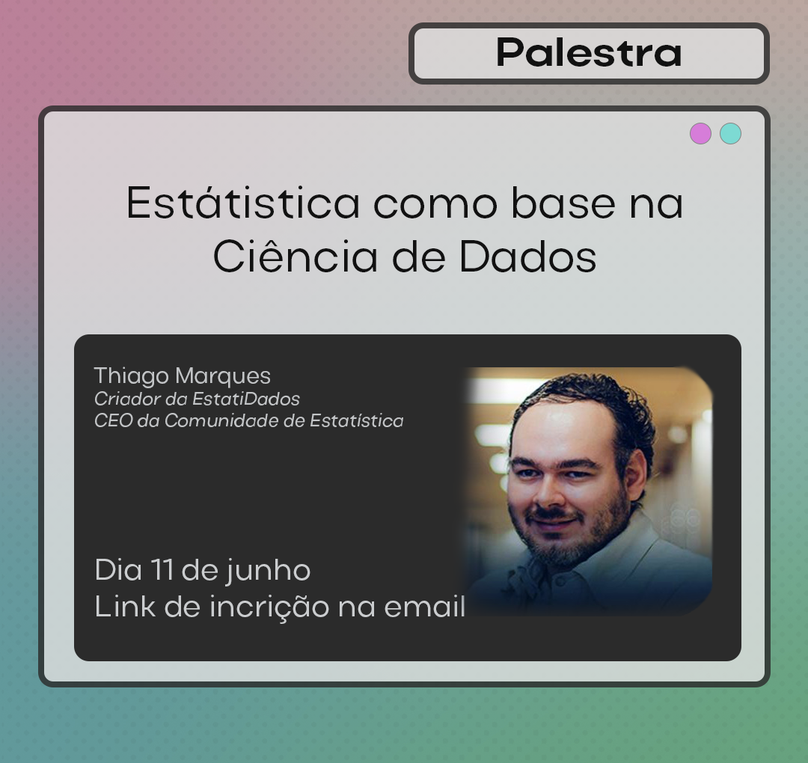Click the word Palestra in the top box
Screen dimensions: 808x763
[x=589, y=52]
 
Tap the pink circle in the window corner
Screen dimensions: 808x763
[x=700, y=133]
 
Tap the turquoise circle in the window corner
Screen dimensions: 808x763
[x=730, y=133]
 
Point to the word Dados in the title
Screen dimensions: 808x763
[x=527, y=256]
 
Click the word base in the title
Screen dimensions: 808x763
[x=563, y=203]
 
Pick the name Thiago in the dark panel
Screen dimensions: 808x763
[x=132, y=376]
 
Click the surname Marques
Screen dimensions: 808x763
[x=223, y=376]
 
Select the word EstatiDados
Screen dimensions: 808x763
[x=246, y=399]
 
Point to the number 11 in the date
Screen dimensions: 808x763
[x=162, y=570]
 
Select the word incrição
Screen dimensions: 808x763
[x=269, y=607]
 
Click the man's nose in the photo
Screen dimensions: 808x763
[x=551, y=489]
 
